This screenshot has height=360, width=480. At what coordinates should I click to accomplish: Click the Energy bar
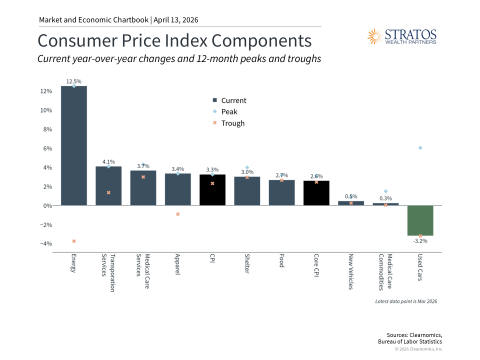pos(74,145)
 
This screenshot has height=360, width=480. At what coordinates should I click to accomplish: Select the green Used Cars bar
pos(420,220)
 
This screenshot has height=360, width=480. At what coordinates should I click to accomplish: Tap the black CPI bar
pos(212,190)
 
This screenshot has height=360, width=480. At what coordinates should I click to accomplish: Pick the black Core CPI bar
pos(316,193)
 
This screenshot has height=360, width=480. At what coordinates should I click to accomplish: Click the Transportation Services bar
pos(108,185)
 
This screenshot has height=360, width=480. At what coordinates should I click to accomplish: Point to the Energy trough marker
pos(74,241)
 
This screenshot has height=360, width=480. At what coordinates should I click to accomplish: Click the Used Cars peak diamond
pos(420,147)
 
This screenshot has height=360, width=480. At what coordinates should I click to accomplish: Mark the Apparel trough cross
pos(178,214)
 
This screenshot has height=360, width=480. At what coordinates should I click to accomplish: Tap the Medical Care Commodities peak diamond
pos(385,191)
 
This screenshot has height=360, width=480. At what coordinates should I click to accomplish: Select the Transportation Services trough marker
pos(108,192)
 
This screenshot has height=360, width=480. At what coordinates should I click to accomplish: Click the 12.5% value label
pos(74,81)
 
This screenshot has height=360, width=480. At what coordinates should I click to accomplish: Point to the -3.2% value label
pos(420,241)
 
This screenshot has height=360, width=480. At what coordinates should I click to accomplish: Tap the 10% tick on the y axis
pos(46,110)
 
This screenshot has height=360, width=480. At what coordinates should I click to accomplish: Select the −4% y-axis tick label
pos(45,244)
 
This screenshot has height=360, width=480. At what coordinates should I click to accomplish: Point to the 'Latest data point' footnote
pos(406,301)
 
